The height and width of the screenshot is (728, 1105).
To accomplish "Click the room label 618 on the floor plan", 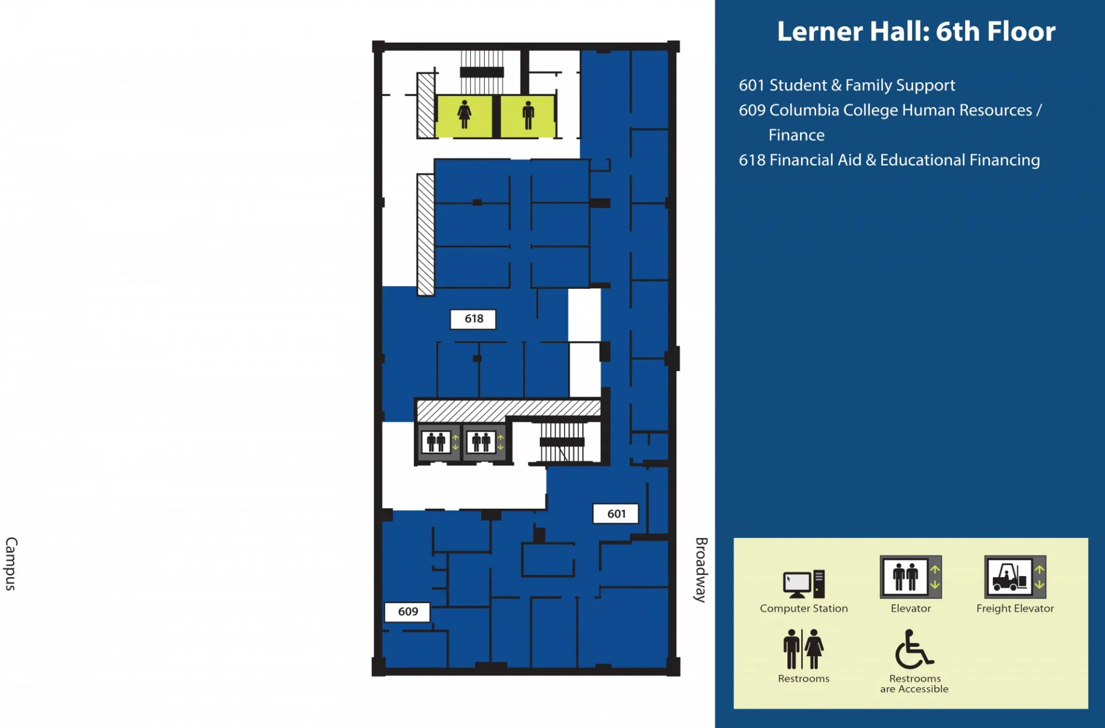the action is pos(473,319).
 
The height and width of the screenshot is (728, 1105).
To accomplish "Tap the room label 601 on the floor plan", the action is pos(616,513).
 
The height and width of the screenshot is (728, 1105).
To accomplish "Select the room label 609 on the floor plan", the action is pos(407,612).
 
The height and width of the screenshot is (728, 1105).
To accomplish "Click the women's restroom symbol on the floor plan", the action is pos(464,115).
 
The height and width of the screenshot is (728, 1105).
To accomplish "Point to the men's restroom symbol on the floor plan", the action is pos(528,115).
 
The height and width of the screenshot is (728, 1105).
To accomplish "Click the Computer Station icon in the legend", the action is pos(804,584).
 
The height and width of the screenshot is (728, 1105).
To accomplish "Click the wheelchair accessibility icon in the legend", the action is pos(914,649).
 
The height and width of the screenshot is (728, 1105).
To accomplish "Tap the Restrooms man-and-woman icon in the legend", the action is pos(803,649).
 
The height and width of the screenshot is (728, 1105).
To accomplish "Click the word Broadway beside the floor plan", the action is pos(700,570).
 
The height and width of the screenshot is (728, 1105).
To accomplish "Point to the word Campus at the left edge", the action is pos(11,564).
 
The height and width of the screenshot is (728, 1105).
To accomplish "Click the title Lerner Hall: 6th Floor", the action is pos(916,31).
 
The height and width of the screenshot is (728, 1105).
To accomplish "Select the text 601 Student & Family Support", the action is pos(847,85).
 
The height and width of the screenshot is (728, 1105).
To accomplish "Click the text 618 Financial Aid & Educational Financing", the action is pos(889,160).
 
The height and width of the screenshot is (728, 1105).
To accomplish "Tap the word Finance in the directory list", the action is pos(797,135).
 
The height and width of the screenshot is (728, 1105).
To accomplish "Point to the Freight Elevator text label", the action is pos(1015,608).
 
